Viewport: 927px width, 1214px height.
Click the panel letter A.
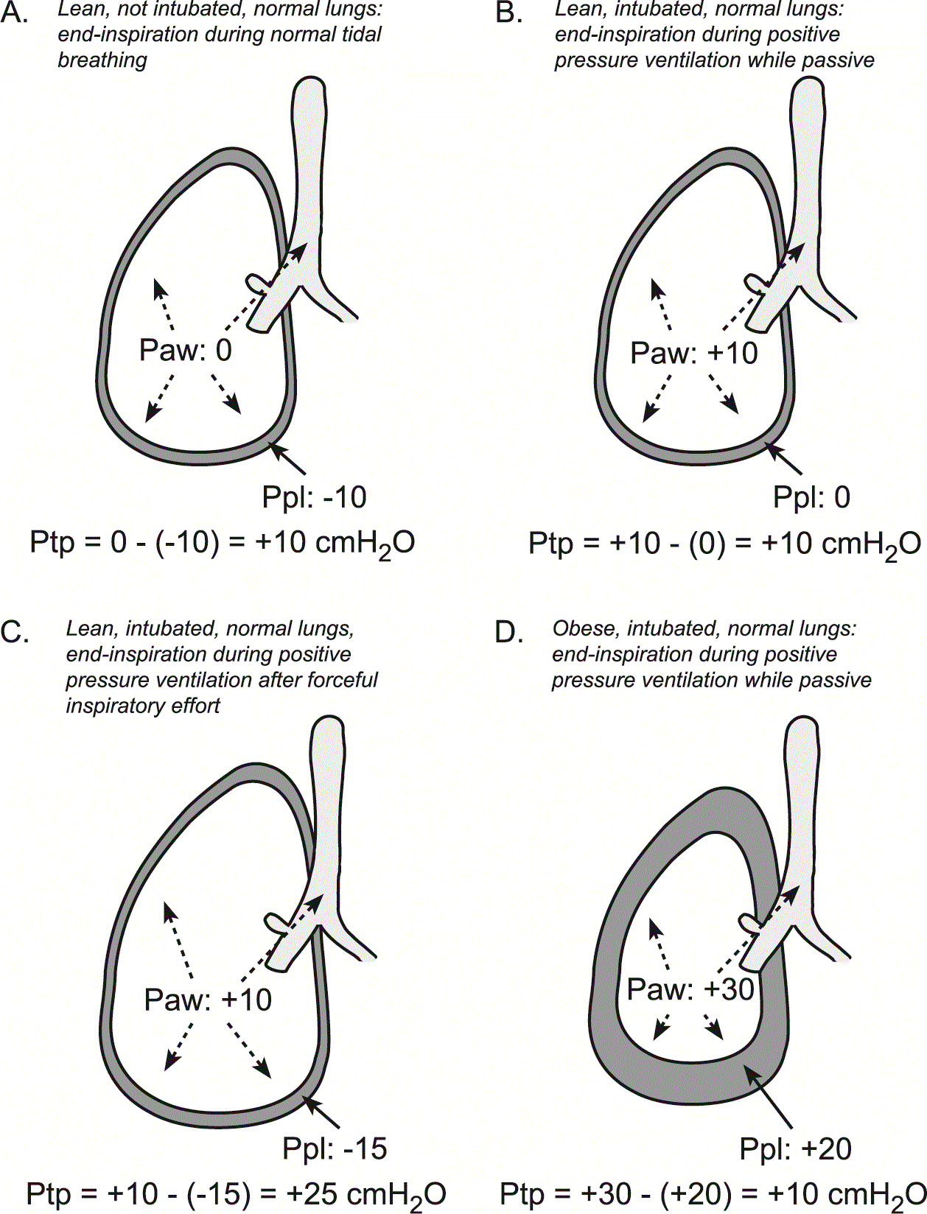(x=14, y=12)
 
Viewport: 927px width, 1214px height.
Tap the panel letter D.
(x=509, y=633)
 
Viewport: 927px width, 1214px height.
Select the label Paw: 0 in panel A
(x=185, y=350)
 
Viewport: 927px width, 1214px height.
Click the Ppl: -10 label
(x=314, y=497)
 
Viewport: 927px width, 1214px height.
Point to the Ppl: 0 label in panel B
(x=811, y=497)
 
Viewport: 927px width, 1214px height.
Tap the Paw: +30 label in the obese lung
(x=690, y=989)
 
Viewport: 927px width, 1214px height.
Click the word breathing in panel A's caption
(x=102, y=60)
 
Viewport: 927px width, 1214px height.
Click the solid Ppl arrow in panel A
(x=287, y=458)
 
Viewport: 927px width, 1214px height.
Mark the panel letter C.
(x=15, y=633)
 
